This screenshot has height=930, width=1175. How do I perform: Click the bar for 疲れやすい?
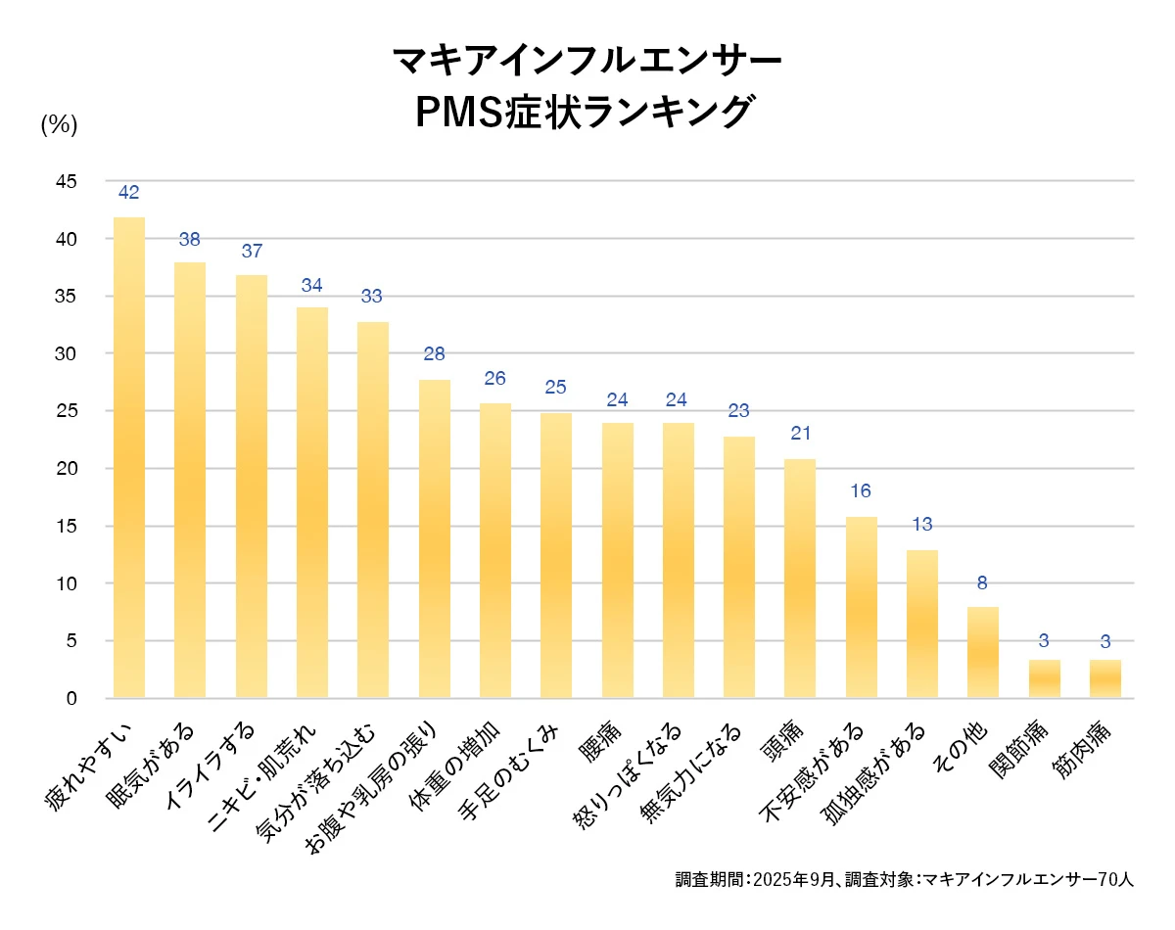(129, 457)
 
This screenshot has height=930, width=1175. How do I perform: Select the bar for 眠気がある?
(190, 480)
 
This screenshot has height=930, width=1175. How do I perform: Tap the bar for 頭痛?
(800, 578)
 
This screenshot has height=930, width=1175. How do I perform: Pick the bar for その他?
(983, 652)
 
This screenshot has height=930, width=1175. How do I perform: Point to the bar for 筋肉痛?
(1105, 678)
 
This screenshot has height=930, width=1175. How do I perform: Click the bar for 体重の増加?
(495, 550)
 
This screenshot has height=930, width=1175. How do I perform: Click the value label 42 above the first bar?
(129, 193)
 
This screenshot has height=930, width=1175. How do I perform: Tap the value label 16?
(861, 491)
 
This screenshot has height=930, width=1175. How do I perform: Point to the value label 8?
(983, 583)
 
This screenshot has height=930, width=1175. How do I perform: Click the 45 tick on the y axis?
(66, 181)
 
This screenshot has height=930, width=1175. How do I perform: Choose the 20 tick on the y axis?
(66, 469)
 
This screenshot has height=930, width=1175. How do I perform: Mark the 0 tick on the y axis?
(71, 699)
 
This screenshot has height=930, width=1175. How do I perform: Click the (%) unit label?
(59, 125)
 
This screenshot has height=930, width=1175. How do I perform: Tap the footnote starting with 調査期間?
(904, 879)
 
